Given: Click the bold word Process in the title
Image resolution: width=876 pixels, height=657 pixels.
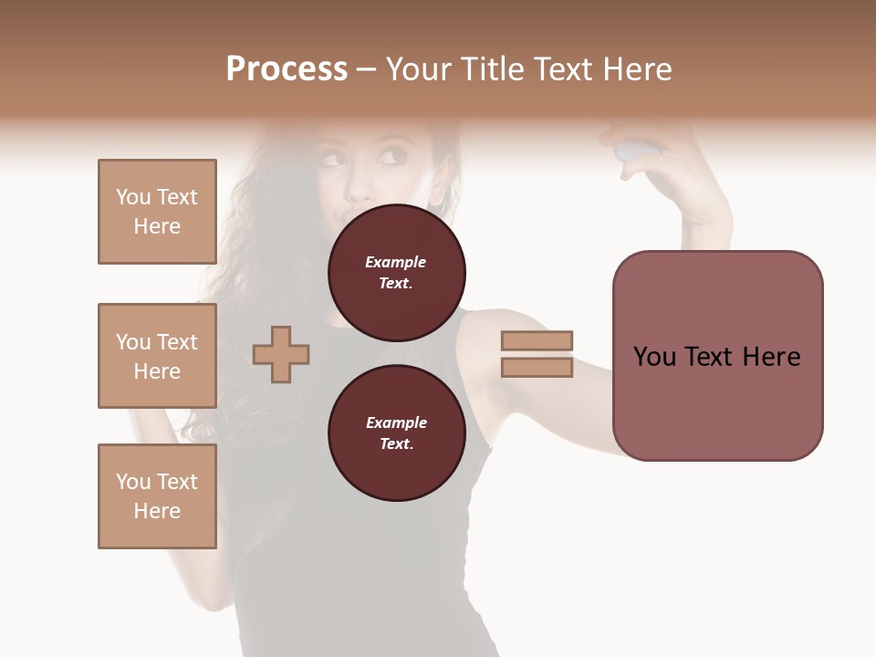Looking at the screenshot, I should click(x=287, y=69).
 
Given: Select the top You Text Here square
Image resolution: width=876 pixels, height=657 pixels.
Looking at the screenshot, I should click(x=157, y=212).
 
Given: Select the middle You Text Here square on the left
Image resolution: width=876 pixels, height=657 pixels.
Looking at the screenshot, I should click(x=157, y=356).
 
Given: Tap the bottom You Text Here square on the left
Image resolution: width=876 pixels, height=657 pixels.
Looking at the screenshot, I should click(x=157, y=496).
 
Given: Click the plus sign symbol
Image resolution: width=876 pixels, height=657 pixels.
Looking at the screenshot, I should click(x=281, y=354).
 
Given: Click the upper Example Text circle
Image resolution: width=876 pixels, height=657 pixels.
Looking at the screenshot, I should click(x=397, y=273).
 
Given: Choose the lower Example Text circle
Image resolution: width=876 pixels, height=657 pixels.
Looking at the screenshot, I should click(x=397, y=433).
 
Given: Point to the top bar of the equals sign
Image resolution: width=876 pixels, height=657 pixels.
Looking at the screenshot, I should click(x=537, y=341).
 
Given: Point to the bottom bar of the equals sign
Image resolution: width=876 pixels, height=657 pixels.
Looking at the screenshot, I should click(x=537, y=368).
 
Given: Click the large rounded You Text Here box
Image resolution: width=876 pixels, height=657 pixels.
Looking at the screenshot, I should click(x=717, y=356).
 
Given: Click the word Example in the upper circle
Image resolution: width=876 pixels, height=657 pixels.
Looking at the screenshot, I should click(x=396, y=262).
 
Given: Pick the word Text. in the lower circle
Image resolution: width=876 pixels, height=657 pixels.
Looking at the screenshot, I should click(x=396, y=443).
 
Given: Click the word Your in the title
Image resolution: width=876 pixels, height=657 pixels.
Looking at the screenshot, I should click(x=420, y=69).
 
